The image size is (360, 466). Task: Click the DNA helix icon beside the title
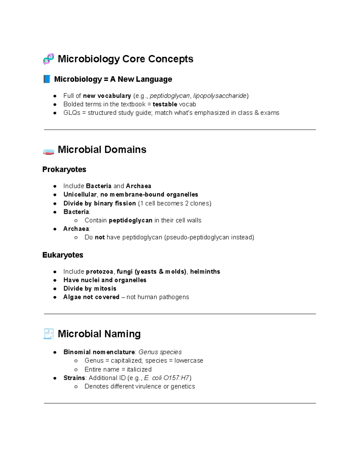pos(48,59)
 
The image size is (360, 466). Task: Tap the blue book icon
pos(47,79)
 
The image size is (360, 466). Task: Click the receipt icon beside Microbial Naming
pos(48,334)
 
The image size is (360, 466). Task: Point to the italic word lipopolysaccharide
pos(220,96)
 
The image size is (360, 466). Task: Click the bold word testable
pos(165,104)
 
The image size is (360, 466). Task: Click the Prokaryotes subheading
pos(64,170)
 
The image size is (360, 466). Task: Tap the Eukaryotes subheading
pos(63,255)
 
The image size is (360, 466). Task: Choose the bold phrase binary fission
pos(115,203)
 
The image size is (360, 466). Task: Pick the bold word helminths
pos(205,272)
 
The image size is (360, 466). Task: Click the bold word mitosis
pos(105,289)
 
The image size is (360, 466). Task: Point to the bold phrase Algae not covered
pos(91,297)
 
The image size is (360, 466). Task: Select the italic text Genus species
pos(160,352)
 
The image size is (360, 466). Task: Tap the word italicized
pos(139,369)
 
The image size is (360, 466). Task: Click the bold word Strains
pos(74,378)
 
